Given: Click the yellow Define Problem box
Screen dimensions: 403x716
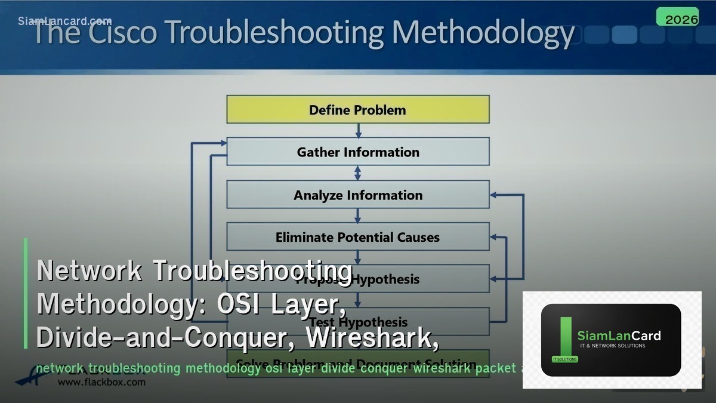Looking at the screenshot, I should pos(357,110).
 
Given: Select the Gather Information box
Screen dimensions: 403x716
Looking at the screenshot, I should pos(357,152).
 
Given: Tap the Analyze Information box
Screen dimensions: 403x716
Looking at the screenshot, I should pos(357,195).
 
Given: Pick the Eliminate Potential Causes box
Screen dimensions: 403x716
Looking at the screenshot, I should pos(357,237).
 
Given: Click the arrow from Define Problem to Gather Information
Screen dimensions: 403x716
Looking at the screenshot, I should pos(358,130).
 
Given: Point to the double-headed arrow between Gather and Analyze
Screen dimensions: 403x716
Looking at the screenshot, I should pos(358,173).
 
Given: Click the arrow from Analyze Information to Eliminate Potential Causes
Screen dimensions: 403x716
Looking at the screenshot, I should pos(358,216).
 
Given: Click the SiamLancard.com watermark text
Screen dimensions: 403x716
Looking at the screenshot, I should pos(64,21).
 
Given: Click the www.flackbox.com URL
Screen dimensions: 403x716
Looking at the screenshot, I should pos(101,382).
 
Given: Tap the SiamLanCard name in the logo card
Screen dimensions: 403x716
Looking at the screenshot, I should pos(619,336).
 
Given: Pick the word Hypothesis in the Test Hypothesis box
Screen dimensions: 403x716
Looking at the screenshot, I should pos(378,322).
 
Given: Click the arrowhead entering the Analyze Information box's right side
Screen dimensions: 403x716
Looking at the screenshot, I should pos(493,195).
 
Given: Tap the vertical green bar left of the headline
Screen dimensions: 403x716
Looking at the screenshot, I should pos(26,293).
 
